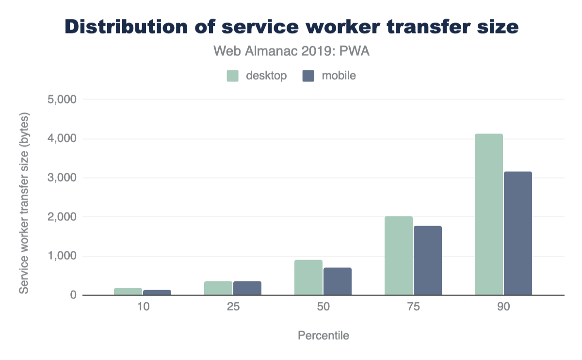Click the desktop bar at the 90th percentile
pyautogui.click(x=488, y=214)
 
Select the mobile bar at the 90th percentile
pyautogui.click(x=518, y=233)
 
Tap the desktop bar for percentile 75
pyautogui.click(x=398, y=256)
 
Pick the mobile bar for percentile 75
pyautogui.click(x=428, y=261)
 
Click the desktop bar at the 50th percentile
pyautogui.click(x=308, y=278)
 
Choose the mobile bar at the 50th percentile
pyautogui.click(x=338, y=281)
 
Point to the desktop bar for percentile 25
pyautogui.click(x=218, y=288)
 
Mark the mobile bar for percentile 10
pyautogui.click(x=157, y=293)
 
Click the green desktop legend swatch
pyautogui.click(x=233, y=76)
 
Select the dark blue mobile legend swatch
pyautogui.click(x=308, y=76)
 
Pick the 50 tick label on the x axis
pyautogui.click(x=323, y=308)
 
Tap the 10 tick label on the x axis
pyautogui.click(x=142, y=308)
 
